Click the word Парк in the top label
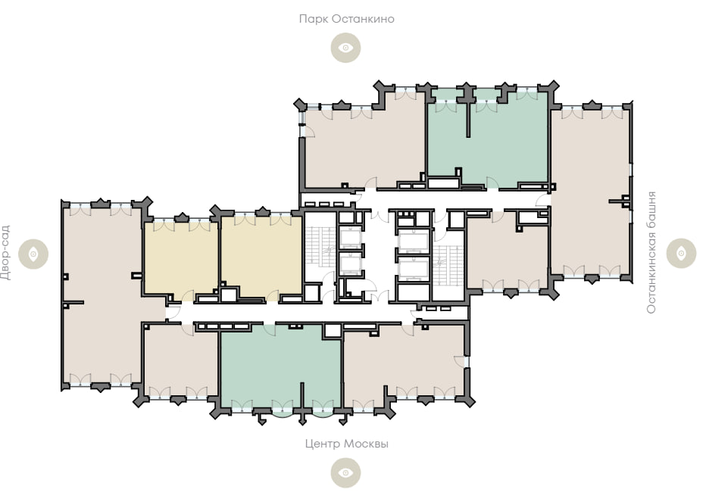click(313, 19)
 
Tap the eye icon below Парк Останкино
click(345, 48)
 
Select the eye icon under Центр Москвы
click(345, 473)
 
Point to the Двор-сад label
click(5, 253)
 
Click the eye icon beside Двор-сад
click(33, 254)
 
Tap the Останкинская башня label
click(651, 252)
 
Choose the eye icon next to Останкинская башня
click(681, 254)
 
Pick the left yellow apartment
click(181, 259)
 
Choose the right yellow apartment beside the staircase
click(261, 257)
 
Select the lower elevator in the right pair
click(413, 269)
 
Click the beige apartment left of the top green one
click(364, 146)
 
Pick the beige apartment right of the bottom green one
click(404, 362)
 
